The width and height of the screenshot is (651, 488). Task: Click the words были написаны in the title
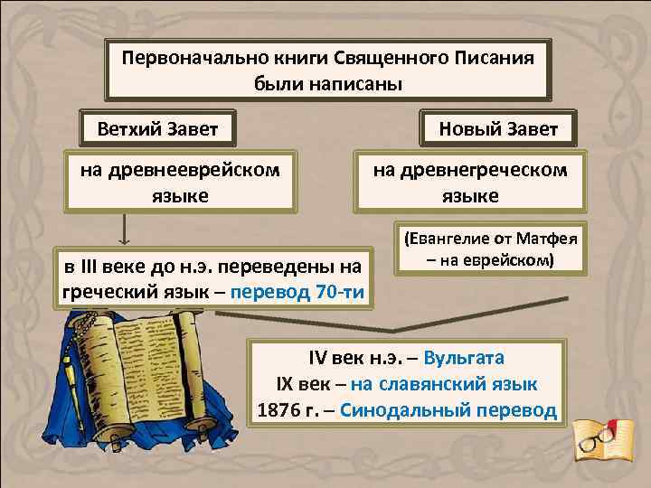[327, 83]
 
